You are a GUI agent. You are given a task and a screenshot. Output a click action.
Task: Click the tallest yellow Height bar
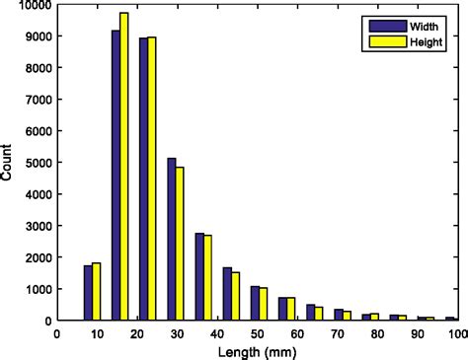123,168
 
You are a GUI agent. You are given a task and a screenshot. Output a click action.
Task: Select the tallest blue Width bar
115,178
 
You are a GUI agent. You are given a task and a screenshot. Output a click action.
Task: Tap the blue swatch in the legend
380,26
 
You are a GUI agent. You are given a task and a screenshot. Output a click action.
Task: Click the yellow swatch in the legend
380,41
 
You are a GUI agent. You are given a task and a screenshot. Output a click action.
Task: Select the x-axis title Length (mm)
259,351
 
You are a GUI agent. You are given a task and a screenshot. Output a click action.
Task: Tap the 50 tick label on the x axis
258,333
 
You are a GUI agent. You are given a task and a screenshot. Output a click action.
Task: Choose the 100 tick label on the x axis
456,333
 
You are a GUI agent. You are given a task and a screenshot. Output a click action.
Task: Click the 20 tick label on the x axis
138,333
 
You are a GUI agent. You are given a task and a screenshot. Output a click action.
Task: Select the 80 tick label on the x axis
377,333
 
